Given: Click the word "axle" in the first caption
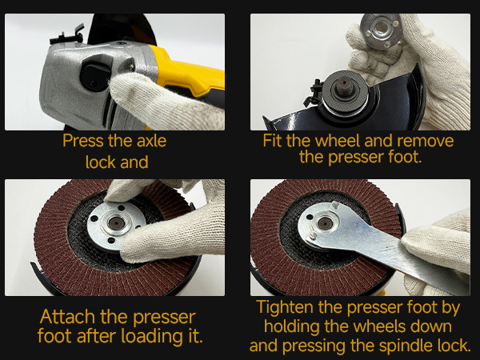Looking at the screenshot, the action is (151, 141).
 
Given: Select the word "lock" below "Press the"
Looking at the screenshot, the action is (100, 162).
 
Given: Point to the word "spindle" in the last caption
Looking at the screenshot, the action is (407, 346).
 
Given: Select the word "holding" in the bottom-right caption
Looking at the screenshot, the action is (292, 326).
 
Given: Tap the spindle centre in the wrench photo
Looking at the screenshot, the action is (325, 222).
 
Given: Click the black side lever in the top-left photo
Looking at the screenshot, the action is (68, 37).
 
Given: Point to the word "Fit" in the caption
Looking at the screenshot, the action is (273, 141).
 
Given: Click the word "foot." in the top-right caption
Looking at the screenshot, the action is (406, 157).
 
